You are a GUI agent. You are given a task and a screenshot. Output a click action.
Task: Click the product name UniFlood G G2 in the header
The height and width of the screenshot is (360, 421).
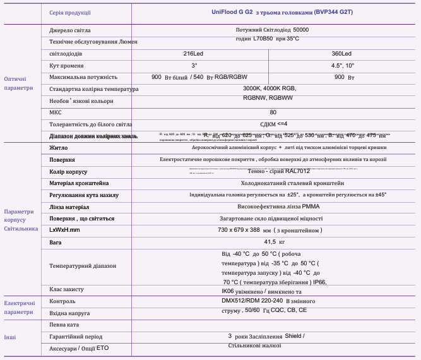click(232, 12)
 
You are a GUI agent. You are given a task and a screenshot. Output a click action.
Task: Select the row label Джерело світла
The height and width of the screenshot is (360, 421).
click(70, 30)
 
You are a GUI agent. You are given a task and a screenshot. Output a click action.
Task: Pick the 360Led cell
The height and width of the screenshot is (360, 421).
click(342, 54)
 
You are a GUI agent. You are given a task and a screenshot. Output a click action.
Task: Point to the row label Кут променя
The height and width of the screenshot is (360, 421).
click(67, 66)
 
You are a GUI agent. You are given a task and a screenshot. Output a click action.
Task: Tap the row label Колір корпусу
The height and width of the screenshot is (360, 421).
click(68, 172)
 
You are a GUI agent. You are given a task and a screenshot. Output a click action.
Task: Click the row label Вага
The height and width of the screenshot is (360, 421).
click(56, 243)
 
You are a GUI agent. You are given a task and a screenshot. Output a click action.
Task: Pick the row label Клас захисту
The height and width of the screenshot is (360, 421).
click(66, 289)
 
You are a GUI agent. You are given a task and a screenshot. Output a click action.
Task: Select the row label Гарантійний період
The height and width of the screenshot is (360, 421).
click(76, 337)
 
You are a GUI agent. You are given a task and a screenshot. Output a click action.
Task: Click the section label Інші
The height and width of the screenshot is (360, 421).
click(11, 337)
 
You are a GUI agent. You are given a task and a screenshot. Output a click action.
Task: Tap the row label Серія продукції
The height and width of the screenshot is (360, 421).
click(70, 13)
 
